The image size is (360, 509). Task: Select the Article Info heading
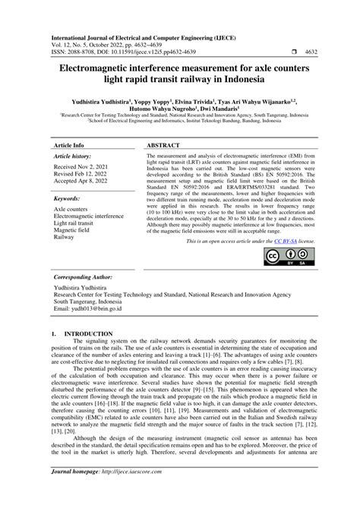pos(69,143)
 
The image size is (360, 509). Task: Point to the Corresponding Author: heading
pos(87,279)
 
